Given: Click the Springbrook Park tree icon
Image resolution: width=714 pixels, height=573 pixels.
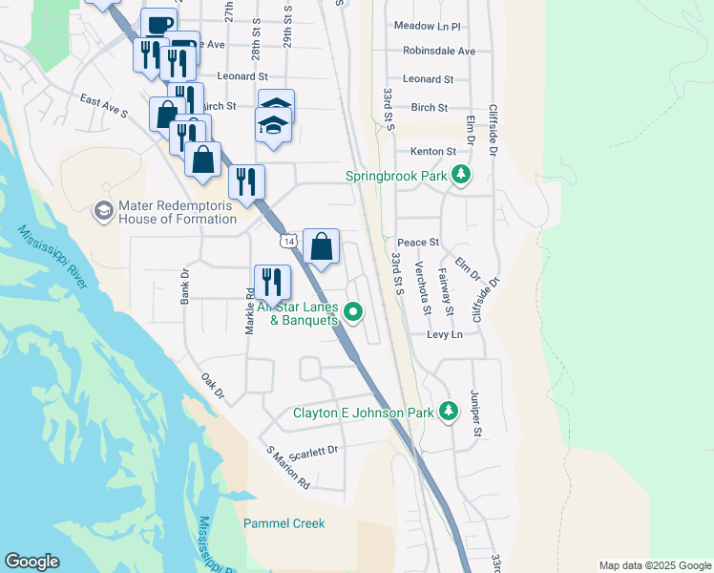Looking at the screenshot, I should [x=461, y=176].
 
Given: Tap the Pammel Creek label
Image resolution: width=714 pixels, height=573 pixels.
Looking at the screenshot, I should [x=283, y=523].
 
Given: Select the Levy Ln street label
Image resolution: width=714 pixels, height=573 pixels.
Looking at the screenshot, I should [x=444, y=334].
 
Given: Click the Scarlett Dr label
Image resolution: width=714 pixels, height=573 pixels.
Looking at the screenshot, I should [x=316, y=452].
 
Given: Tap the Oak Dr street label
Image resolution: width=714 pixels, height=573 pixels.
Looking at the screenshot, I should [x=212, y=386].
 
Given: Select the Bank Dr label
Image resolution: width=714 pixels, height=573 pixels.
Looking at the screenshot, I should [x=185, y=286].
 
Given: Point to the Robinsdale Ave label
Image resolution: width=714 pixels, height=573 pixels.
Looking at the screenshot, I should [x=438, y=51].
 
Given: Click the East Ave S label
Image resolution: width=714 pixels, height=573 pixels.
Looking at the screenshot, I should [x=104, y=105].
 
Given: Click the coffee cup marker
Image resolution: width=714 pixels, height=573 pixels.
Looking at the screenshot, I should [x=158, y=24].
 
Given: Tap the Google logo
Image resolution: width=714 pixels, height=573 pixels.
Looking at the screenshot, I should [x=31, y=562].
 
